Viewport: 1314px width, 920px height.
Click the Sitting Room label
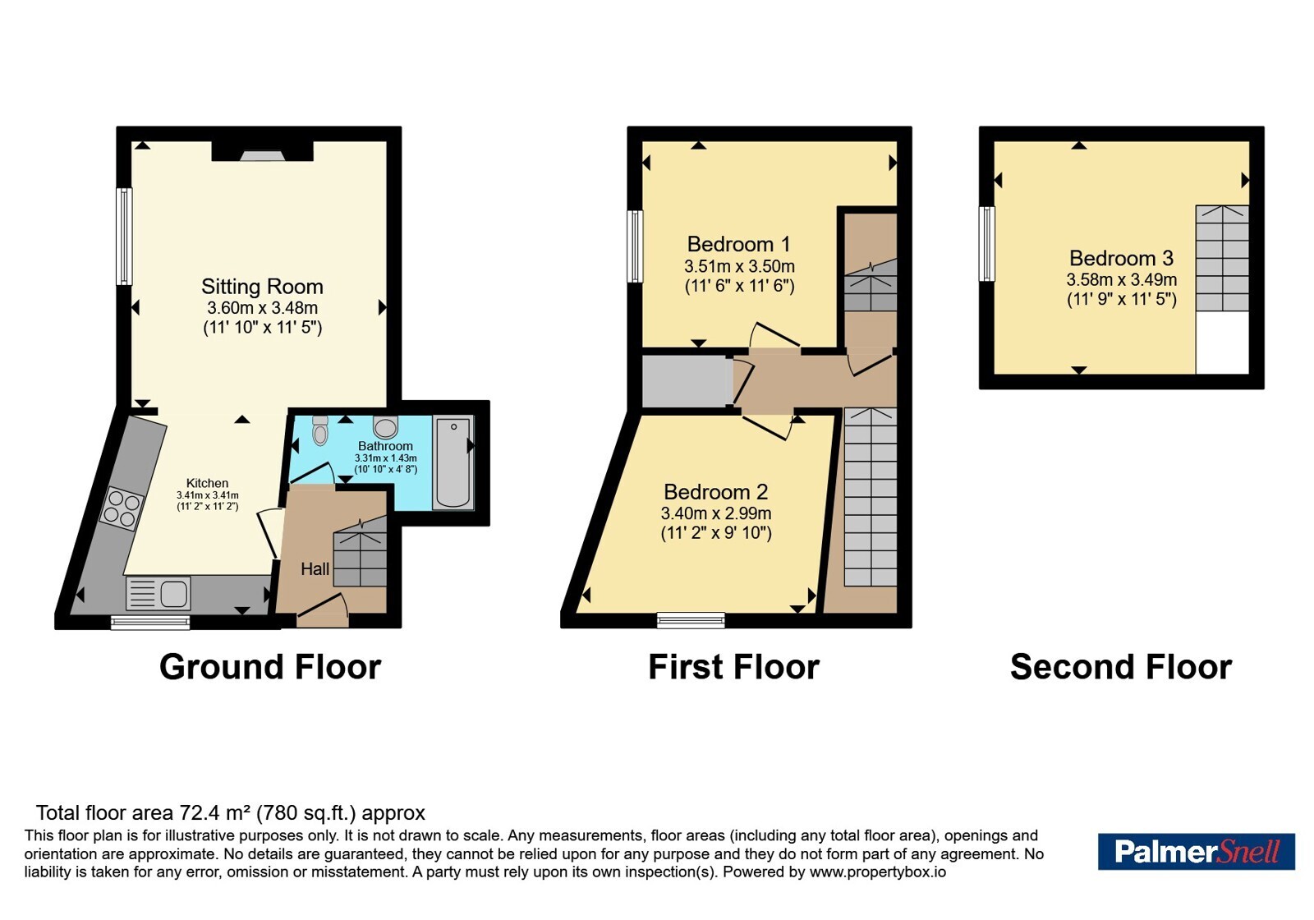[x=262, y=287]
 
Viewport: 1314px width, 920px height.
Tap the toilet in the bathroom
[x=319, y=430]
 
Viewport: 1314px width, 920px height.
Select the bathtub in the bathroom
[x=453, y=462]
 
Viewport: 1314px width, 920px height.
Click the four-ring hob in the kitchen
[x=122, y=508]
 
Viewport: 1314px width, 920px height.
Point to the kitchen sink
[x=159, y=593]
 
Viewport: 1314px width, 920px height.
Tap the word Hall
[x=315, y=568]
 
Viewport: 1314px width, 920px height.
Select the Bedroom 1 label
[x=738, y=243]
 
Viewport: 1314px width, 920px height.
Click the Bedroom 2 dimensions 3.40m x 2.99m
[x=715, y=513]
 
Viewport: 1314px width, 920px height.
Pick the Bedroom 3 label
[x=1121, y=258]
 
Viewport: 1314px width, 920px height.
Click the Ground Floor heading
[x=270, y=667]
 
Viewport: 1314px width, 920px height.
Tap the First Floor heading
[x=734, y=667]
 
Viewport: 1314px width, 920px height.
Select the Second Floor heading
[x=1121, y=667]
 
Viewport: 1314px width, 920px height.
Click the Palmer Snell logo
[x=1196, y=851]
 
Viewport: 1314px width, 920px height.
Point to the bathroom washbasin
[x=385, y=427]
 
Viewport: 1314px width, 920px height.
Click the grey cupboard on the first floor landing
[x=687, y=381]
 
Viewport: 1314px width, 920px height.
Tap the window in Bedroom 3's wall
[x=986, y=243]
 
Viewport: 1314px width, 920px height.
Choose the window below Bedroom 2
[x=691, y=620]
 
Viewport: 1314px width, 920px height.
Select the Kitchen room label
[x=207, y=483]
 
